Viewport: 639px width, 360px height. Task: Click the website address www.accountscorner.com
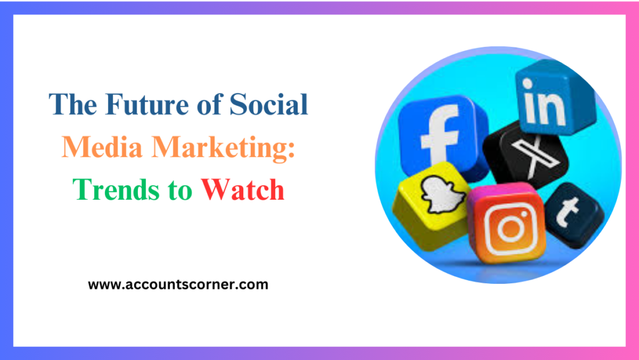(x=178, y=285)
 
